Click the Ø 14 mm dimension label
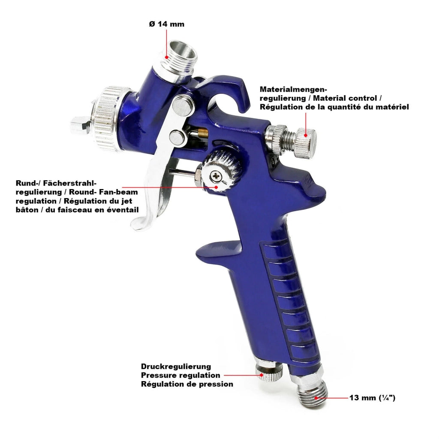(x=167, y=24)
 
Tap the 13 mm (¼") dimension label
(x=372, y=397)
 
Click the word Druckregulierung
(x=176, y=367)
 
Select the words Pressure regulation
(x=180, y=375)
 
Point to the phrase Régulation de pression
(x=187, y=384)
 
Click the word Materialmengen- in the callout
(x=293, y=89)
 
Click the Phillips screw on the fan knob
(x=216, y=176)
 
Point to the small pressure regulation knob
(x=269, y=372)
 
